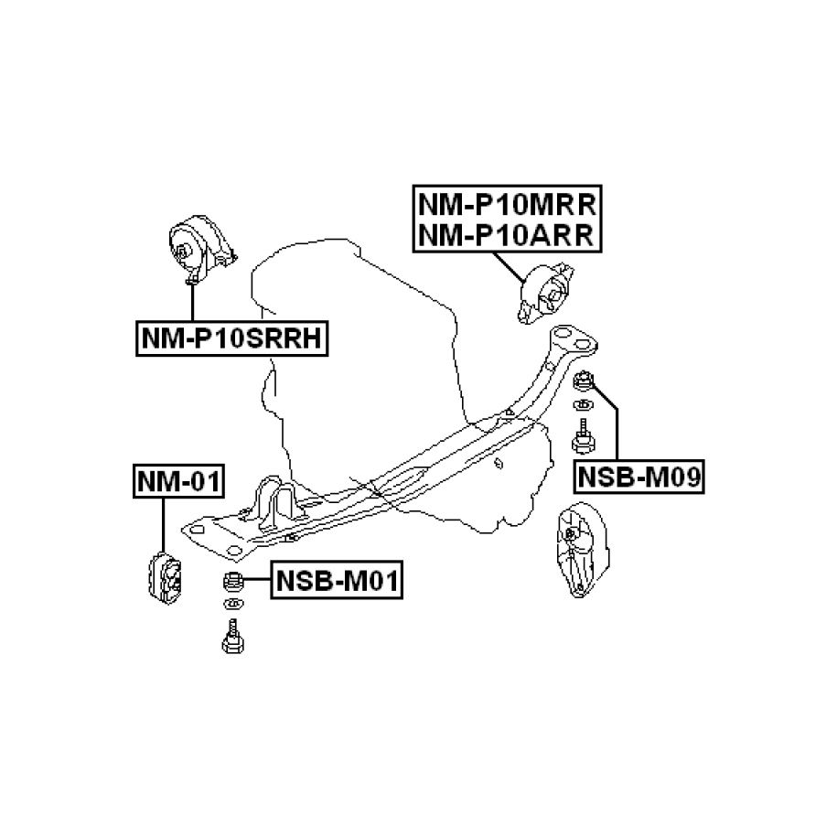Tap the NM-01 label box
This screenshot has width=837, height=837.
(178, 479)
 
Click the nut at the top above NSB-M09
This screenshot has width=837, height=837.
(583, 379)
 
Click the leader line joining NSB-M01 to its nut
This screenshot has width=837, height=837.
(257, 578)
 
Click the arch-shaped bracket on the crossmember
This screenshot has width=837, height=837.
(274, 500)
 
